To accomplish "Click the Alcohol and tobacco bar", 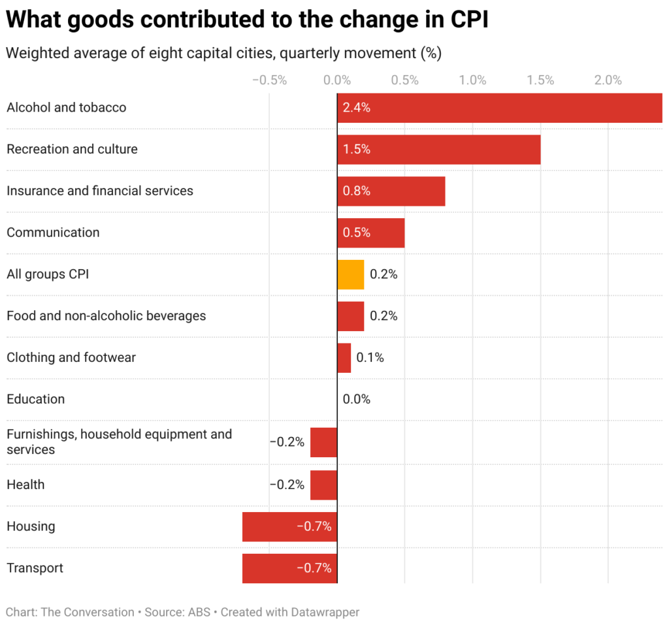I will point(499,108).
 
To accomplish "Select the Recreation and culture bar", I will point(438,150).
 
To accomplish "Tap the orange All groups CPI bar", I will point(350,274).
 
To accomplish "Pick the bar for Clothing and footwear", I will point(344,358).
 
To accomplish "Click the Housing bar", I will point(289,526).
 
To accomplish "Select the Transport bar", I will point(289,568).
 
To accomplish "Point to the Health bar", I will point(323,485).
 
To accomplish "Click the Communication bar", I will point(370,233).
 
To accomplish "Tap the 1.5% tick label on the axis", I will point(540,80).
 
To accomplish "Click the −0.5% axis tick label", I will point(269,80).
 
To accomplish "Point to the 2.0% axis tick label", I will point(608,80).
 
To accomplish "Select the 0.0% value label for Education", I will point(357,399).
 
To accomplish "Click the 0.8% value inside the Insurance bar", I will point(357,191).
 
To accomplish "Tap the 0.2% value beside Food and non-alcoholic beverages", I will point(383,316).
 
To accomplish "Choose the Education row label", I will point(35,399).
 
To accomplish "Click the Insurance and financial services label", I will point(100,191).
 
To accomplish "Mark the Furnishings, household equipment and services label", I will point(119,441).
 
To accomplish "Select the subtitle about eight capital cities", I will point(223,54).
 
